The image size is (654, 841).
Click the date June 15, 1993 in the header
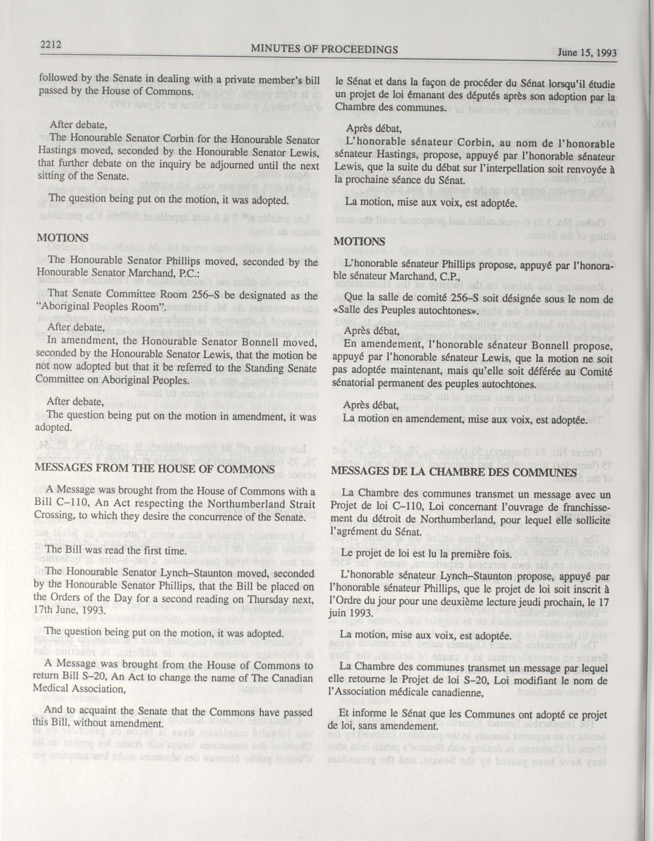click(x=584, y=53)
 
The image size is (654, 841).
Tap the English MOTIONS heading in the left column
click(x=63, y=237)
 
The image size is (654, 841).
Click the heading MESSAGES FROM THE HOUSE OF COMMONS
click(x=155, y=469)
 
